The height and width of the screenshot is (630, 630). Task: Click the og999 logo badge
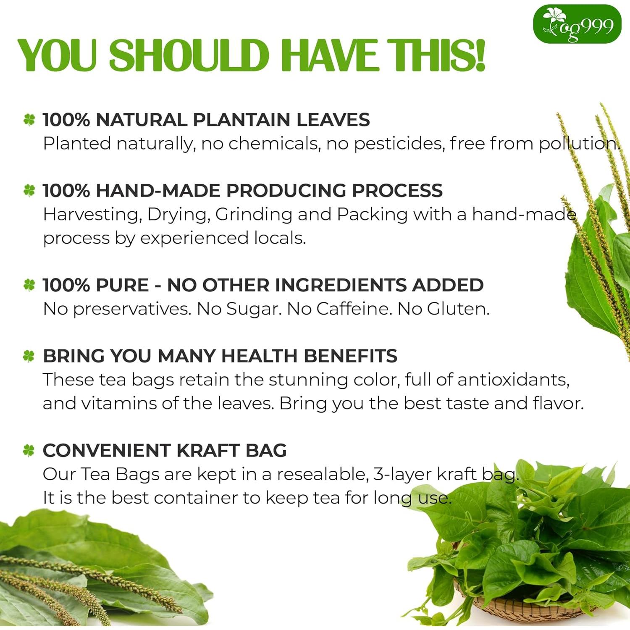click(577, 24)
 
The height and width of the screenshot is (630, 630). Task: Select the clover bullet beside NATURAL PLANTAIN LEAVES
click(29, 120)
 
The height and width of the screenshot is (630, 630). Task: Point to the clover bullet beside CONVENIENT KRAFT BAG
click(29, 451)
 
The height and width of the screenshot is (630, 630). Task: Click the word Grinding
click(253, 215)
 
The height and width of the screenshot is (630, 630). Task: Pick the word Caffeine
click(354, 309)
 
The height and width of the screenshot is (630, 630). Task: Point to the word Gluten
click(458, 309)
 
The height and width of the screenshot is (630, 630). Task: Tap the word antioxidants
click(513, 380)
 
